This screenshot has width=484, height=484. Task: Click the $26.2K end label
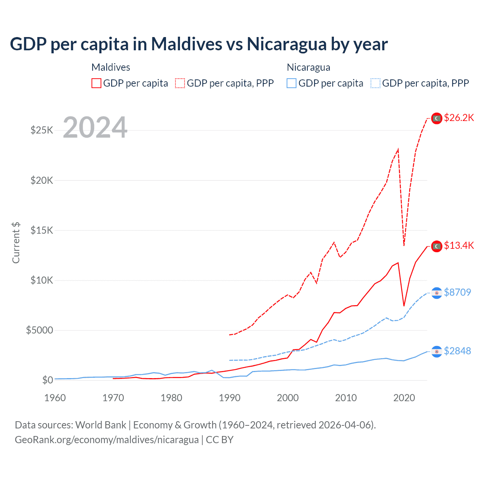coord(459,118)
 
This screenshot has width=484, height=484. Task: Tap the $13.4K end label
coord(459,246)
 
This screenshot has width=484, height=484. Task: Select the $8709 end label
coord(457,292)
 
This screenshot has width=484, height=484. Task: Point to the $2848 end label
coord(457,351)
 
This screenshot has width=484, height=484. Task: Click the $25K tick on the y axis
coord(42,130)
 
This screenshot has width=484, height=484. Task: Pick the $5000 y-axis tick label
coord(39,330)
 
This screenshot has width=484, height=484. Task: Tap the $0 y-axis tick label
coord(47,380)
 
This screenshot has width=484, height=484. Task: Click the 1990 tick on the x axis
coord(230,398)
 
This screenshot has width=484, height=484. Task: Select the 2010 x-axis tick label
coord(346,398)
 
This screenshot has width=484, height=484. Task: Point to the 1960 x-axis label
coord(55,398)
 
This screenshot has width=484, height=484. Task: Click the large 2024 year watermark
coord(95,127)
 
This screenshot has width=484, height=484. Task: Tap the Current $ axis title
coord(16,243)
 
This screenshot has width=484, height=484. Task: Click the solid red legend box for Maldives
coord(96,83)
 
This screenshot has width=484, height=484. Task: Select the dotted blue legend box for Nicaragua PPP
coord(375,83)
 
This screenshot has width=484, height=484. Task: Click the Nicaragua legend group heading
coord(309,67)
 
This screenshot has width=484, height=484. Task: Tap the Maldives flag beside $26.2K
coord(437,118)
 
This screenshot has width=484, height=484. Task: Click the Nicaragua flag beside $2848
coord(437,351)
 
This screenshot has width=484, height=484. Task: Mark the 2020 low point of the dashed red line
coord(404,246)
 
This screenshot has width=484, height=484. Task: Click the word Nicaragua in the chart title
coord(287,44)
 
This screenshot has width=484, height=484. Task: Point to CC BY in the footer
coord(220,440)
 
